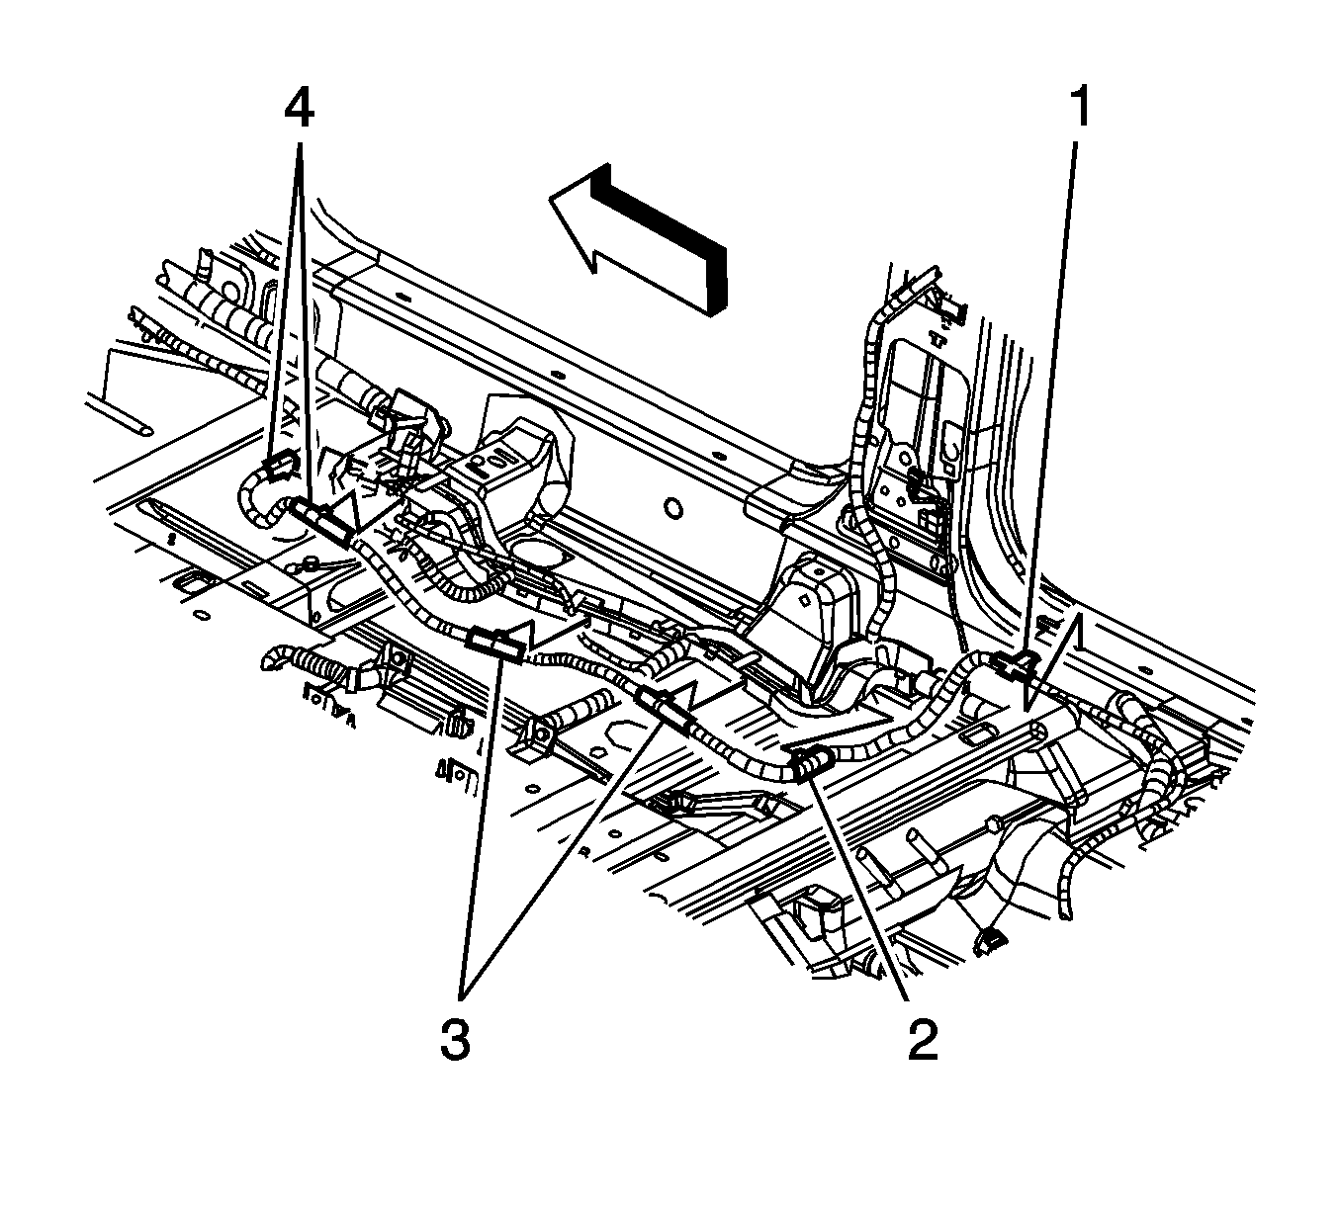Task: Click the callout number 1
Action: click(x=1080, y=109)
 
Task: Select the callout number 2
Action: click(x=924, y=1040)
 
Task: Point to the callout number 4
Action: click(x=298, y=109)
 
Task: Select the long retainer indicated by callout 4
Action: click(x=321, y=521)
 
